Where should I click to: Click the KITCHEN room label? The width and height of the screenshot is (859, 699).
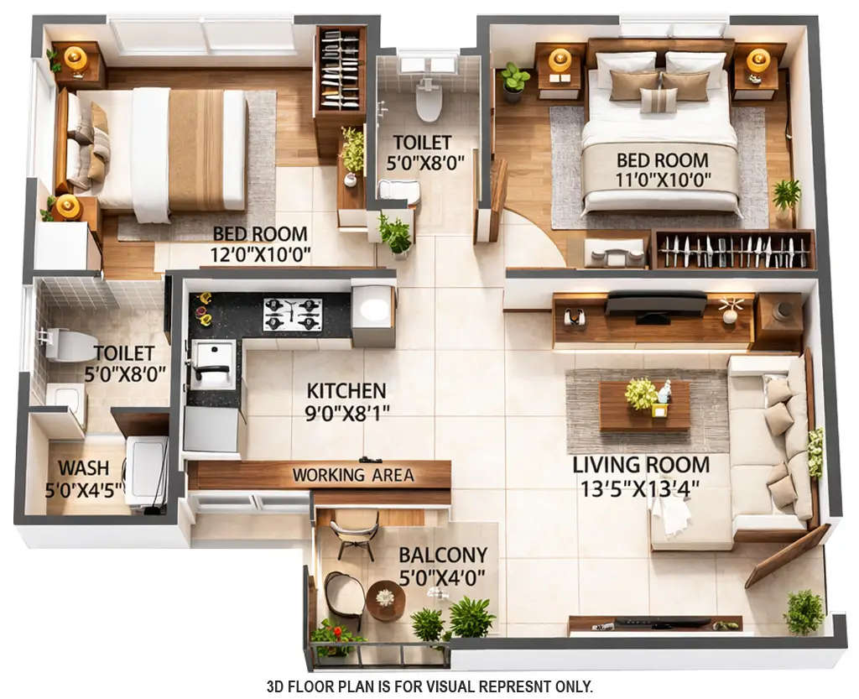click(x=346, y=391)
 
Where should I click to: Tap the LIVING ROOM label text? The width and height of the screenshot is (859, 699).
click(x=641, y=465)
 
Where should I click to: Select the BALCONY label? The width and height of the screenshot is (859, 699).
click(x=443, y=555)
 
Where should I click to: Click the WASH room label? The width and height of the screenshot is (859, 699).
click(x=83, y=468)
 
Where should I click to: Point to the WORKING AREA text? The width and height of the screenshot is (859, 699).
click(x=353, y=475)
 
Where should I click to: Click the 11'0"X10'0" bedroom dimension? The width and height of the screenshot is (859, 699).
click(x=663, y=180)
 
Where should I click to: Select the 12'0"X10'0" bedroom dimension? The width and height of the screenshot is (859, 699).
click(x=261, y=253)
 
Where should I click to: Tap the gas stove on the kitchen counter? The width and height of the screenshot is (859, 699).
click(x=293, y=314)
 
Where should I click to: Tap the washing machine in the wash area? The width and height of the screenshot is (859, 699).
click(x=146, y=469)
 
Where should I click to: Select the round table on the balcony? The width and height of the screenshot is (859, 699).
click(x=385, y=599)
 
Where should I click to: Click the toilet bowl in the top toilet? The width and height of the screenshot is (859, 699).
click(x=429, y=101)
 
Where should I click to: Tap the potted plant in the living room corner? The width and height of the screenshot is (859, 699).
click(x=804, y=611)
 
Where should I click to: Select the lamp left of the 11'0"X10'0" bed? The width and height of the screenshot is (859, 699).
click(x=560, y=60)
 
